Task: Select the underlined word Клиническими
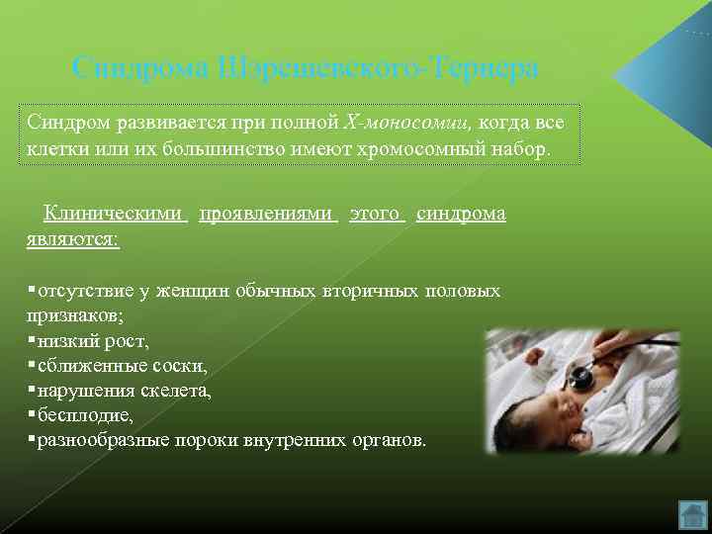(x=115, y=214)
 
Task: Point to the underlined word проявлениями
(x=268, y=214)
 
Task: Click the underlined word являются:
(x=73, y=240)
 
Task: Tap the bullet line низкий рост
(x=92, y=341)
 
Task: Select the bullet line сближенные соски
(x=122, y=366)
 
